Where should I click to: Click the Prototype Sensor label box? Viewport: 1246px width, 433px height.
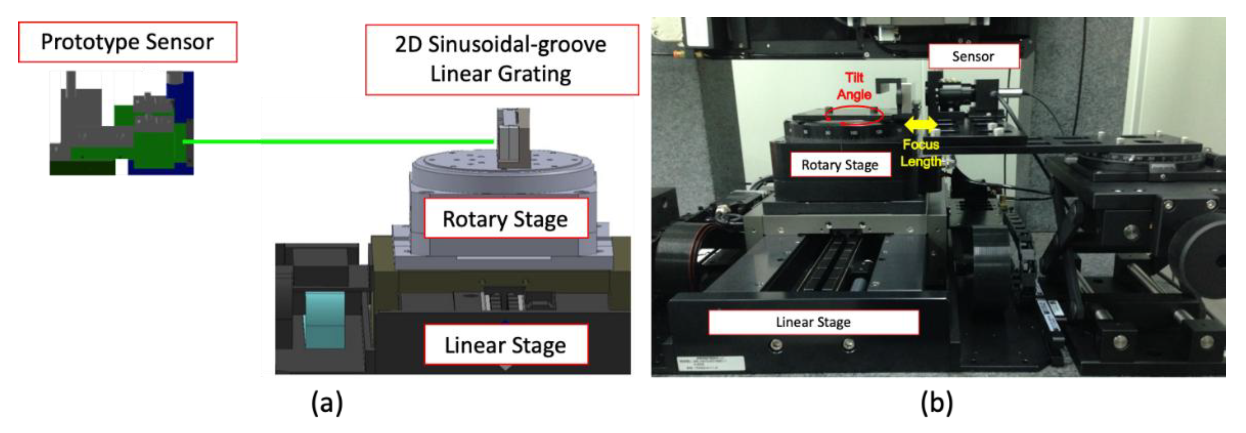click(127, 42)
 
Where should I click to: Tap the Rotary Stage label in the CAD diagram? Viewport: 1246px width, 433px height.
click(505, 219)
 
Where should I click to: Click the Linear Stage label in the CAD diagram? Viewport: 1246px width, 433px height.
click(505, 345)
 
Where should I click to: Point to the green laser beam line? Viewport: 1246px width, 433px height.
click(339, 141)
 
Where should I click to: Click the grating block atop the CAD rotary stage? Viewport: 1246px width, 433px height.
click(513, 138)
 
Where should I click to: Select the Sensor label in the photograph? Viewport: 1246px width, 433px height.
click(973, 57)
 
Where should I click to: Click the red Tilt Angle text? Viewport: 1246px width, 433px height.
click(854, 86)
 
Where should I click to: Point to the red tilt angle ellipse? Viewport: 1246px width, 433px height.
click(854, 116)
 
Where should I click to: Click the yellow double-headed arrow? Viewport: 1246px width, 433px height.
click(921, 125)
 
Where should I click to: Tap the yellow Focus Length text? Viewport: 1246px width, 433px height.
click(921, 153)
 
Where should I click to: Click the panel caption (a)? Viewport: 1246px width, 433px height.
click(327, 403)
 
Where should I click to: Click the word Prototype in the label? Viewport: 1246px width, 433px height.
click(90, 42)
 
